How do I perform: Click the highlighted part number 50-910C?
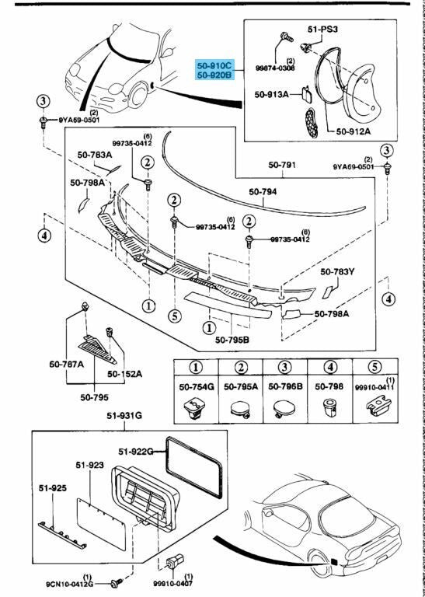click(x=215, y=65)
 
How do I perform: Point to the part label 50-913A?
click(x=272, y=94)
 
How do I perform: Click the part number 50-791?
click(x=282, y=166)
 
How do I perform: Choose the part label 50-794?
click(x=263, y=192)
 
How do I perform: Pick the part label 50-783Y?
click(x=337, y=272)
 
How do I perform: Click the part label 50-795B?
click(x=232, y=339)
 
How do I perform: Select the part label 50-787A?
click(x=67, y=364)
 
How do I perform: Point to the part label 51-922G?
click(x=136, y=452)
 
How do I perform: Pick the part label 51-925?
click(x=53, y=488)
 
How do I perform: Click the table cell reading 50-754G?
click(x=197, y=386)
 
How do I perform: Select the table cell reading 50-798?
click(x=329, y=386)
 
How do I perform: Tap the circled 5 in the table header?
click(x=374, y=368)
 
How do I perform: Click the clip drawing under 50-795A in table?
click(x=240, y=410)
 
